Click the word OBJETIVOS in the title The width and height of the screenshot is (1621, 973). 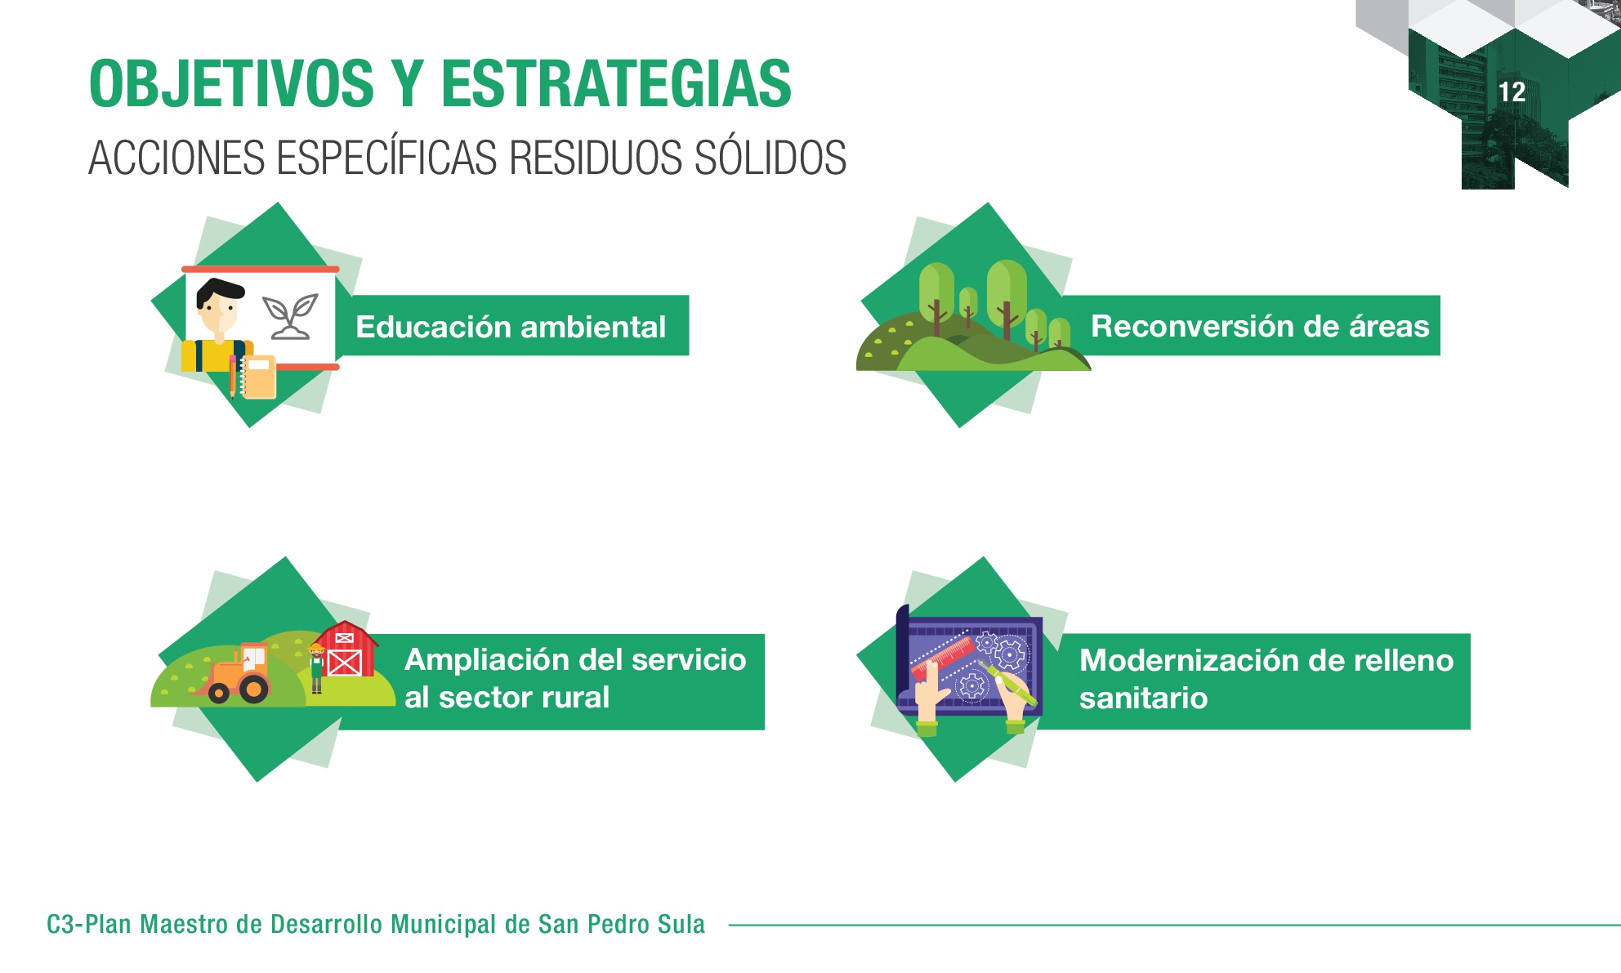[x=231, y=83]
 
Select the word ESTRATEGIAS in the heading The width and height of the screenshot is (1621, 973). [x=616, y=83]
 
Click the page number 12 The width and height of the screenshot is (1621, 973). [x=1512, y=91]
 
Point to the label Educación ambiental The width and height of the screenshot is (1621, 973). [x=511, y=327]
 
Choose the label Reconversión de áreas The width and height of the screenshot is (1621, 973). [x=1260, y=326]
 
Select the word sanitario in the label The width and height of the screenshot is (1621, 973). [x=1143, y=699]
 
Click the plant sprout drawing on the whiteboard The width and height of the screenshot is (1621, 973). [x=289, y=316]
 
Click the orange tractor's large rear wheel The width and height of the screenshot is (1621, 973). [x=254, y=689]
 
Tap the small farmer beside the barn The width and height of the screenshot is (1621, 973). [x=316, y=668]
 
